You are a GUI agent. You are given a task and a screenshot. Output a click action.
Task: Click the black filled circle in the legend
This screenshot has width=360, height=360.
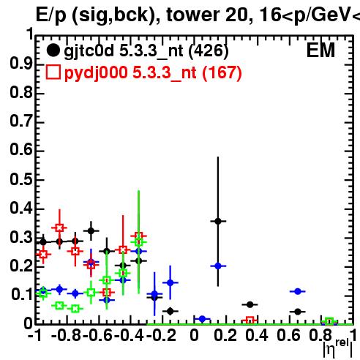[53, 50]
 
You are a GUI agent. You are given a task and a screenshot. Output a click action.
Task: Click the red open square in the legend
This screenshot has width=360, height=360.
[53, 72]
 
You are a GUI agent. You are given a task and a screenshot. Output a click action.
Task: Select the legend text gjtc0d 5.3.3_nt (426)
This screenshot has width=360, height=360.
[146, 51]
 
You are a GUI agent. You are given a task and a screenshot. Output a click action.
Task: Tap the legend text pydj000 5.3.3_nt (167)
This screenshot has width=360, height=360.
[153, 73]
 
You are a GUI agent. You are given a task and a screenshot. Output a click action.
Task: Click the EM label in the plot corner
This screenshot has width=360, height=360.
[320, 50]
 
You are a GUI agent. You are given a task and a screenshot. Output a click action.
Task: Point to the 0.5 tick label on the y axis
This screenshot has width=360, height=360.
[21, 179]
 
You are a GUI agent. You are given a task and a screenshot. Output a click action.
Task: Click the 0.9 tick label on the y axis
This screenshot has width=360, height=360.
[21, 64]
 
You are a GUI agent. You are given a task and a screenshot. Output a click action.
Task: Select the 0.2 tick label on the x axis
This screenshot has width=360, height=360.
[225, 335]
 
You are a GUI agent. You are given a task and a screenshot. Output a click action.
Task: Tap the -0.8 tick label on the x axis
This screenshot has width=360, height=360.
[66, 335]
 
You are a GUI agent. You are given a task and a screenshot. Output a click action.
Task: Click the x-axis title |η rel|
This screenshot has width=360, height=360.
[338, 348]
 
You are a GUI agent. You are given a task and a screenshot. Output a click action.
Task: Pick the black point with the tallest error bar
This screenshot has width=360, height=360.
[218, 221]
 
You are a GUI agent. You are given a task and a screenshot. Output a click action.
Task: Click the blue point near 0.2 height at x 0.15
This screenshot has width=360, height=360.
[218, 266]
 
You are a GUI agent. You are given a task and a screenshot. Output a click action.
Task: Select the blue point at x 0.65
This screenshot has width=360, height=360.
[298, 291]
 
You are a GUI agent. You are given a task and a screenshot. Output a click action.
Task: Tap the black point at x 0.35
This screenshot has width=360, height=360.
[250, 304]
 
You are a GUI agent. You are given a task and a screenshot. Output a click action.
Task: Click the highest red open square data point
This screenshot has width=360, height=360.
[59, 228]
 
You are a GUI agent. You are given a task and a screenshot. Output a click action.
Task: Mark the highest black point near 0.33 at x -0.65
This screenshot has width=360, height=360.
[91, 230]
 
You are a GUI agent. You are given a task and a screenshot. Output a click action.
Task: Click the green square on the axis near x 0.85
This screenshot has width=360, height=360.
[329, 321]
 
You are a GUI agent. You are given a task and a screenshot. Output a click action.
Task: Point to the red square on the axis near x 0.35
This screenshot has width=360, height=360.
[250, 320]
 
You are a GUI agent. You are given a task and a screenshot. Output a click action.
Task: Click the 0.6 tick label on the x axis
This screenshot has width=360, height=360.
[288, 335]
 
